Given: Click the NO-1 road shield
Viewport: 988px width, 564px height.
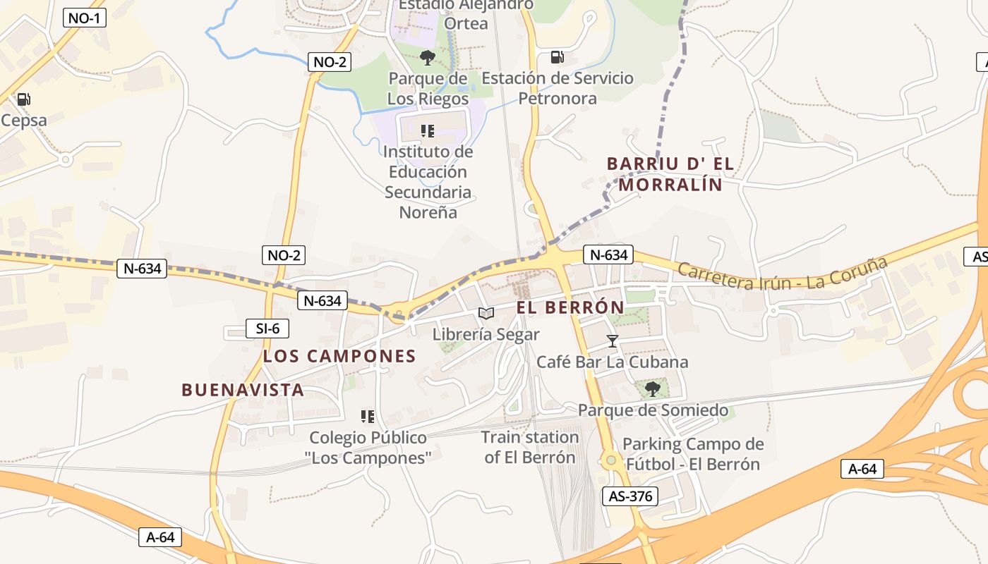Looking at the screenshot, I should (x=84, y=18).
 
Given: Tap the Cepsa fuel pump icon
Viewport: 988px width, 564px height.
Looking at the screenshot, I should (x=23, y=99).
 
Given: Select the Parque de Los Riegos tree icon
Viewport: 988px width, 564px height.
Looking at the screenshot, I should (x=427, y=57).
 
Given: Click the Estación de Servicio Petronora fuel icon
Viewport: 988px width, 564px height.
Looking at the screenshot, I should (x=557, y=57).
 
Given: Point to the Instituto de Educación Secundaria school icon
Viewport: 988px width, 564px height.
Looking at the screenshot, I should (x=427, y=130).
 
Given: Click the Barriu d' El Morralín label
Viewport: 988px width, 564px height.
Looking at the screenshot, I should (x=670, y=174).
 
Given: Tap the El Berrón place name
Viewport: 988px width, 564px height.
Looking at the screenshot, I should (x=570, y=307).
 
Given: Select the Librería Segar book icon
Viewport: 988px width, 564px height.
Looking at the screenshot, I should (x=486, y=314).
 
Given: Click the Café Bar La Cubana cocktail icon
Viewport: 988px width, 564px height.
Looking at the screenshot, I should (x=612, y=341).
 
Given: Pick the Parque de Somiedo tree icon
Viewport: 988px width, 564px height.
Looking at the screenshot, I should (x=652, y=388).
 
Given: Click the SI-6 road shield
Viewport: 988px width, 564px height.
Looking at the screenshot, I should (x=267, y=328).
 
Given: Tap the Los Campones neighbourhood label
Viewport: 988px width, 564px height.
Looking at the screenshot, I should (x=339, y=356).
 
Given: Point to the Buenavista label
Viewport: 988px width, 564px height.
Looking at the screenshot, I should (x=243, y=390).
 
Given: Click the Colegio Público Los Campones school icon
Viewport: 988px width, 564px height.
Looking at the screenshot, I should (x=367, y=417).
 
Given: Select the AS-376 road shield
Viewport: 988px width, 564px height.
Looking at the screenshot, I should (x=629, y=496).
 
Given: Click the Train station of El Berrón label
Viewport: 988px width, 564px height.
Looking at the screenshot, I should (x=529, y=447).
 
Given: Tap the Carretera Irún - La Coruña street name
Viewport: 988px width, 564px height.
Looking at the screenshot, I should (x=781, y=274).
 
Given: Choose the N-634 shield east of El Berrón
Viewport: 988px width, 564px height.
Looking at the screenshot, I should (x=608, y=255).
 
